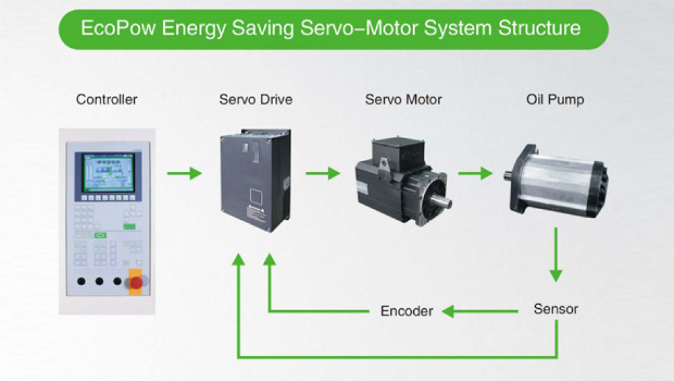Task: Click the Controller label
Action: [106, 100]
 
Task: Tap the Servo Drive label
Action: [256, 100]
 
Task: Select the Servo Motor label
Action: [404, 100]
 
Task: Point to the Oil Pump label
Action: [555, 100]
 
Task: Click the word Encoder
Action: [406, 311]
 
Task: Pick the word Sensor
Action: [556, 310]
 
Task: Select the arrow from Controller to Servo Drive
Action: [185, 174]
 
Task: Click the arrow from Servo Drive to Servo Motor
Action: [323, 174]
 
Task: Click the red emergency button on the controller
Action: [135, 281]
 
